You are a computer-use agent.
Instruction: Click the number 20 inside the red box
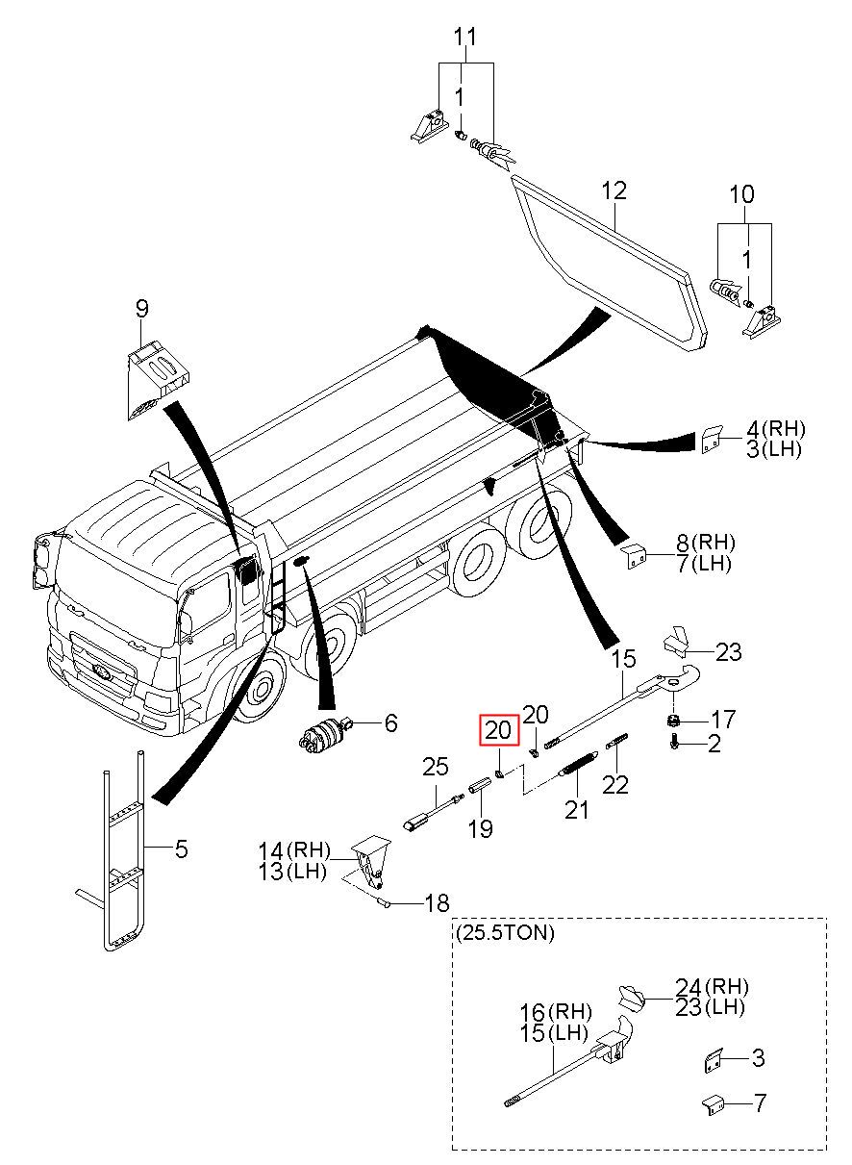coord(498,731)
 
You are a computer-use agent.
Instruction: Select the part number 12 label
coord(614,190)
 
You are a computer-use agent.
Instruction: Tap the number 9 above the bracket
coord(142,309)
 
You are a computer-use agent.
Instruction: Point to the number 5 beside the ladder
coord(181,849)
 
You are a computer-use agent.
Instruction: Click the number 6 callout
coord(390,722)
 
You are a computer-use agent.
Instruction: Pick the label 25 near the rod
coord(436,767)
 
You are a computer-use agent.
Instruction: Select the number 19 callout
coord(480,827)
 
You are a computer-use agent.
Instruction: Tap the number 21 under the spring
coord(577,810)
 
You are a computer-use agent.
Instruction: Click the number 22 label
coord(615,784)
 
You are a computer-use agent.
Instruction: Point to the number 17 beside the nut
coord(724,720)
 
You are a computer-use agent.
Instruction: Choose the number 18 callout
coord(438,903)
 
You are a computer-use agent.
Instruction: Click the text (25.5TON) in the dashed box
coord(505,933)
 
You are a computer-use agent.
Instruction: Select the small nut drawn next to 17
coord(673,721)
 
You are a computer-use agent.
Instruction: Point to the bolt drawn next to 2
coord(675,745)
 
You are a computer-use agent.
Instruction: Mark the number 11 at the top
coord(465,38)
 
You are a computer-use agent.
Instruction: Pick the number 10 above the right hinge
coord(741,195)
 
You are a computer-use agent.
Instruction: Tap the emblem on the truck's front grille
coord(101,671)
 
